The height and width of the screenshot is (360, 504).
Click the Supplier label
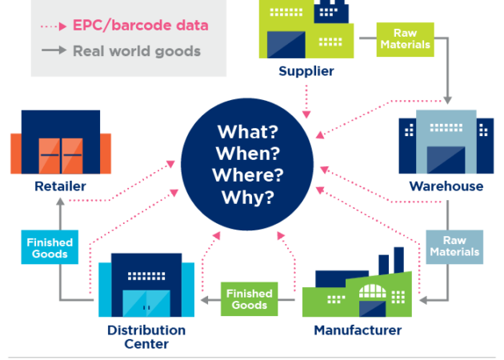click(306, 71)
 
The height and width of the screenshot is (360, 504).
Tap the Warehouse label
click(446, 186)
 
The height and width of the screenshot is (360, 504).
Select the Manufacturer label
click(358, 330)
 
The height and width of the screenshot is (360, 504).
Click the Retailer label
click(60, 186)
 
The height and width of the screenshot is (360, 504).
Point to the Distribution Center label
click(146, 337)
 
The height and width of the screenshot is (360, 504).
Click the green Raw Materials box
click(406, 38)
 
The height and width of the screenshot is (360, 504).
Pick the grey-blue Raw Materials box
click(454, 246)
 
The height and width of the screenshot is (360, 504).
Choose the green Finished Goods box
click(250, 299)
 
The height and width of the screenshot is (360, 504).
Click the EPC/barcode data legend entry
click(140, 25)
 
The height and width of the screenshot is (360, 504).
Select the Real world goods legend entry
click(136, 51)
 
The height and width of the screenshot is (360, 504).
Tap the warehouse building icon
click(445, 143)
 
